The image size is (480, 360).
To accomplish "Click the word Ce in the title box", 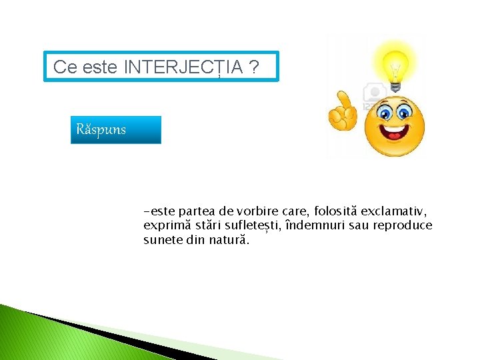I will pos(65,67).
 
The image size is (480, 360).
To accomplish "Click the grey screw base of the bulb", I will pos(395,85).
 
